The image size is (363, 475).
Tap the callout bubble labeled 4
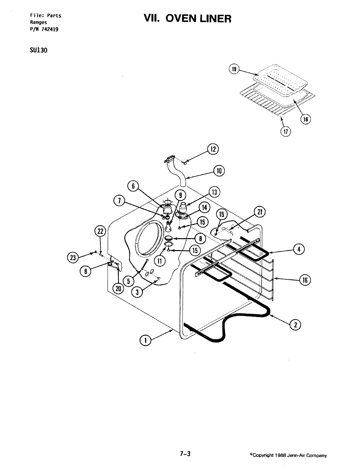pyautogui.click(x=299, y=250)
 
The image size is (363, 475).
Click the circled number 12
pyautogui.click(x=213, y=149)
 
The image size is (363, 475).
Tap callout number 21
pyautogui.click(x=259, y=212)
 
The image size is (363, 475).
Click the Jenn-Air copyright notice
pyautogui.click(x=289, y=456)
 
